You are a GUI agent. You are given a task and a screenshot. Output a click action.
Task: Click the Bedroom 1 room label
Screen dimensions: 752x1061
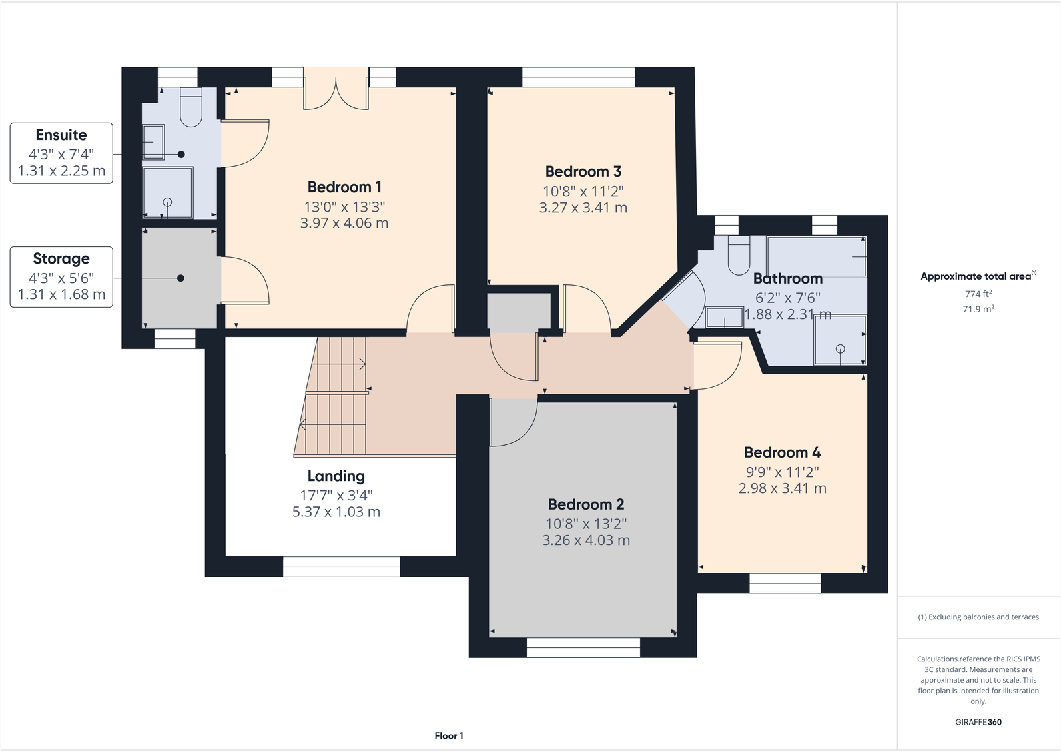(344, 187)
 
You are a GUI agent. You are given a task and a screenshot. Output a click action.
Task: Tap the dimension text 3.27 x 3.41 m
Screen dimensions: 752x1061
(583, 208)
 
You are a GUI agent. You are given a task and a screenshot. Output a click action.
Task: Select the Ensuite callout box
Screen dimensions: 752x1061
(61, 153)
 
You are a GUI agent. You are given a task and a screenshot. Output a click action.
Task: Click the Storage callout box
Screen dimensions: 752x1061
(61, 277)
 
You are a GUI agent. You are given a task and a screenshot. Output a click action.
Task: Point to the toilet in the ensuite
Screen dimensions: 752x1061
(191, 109)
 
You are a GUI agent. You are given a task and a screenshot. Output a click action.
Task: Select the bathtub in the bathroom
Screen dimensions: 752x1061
(817, 256)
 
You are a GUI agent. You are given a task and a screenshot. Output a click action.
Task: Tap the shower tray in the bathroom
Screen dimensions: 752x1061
(839, 340)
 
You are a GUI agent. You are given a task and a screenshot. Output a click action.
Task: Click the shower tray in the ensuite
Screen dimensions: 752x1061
(168, 192)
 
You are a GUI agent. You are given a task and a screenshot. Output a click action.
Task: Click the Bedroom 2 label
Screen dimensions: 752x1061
(585, 505)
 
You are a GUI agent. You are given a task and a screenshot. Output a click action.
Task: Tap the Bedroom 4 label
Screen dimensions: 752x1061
(782, 453)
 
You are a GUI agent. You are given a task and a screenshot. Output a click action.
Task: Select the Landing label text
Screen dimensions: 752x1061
(336, 476)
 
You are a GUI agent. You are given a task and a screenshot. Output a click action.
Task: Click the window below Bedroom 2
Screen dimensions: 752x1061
(583, 647)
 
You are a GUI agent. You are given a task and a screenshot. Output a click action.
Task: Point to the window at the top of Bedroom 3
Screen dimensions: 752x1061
(579, 77)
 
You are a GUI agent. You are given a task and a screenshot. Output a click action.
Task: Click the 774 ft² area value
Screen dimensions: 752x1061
(978, 294)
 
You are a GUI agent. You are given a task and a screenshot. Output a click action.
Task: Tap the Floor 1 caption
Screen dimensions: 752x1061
(448, 736)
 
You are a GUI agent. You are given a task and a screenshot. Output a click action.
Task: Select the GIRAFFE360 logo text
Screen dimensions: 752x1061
(978, 722)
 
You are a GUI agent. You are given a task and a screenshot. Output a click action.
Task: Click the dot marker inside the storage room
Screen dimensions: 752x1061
(180, 278)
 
